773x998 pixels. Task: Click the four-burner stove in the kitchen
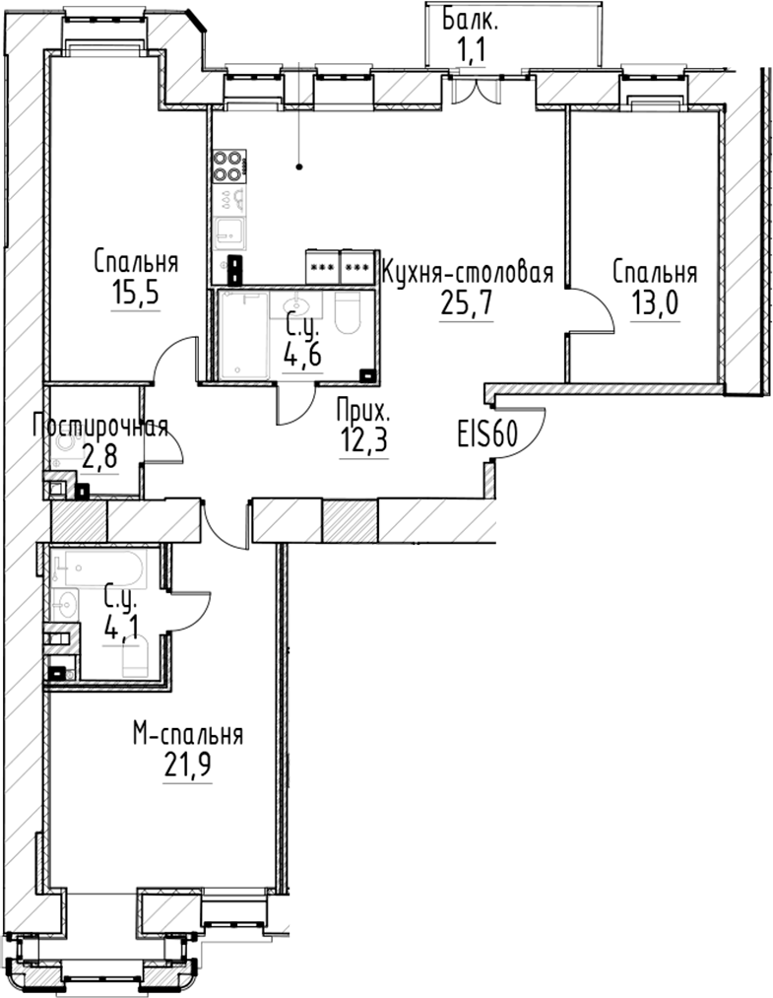click(228, 165)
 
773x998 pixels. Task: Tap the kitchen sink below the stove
click(228, 233)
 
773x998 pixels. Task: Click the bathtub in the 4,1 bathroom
click(98, 568)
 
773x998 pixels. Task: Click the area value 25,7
click(466, 302)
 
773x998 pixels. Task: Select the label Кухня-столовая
click(467, 271)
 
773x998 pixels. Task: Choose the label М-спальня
click(188, 735)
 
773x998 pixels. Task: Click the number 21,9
click(188, 765)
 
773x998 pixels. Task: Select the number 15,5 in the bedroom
click(136, 294)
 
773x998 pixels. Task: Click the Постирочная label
click(99, 427)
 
